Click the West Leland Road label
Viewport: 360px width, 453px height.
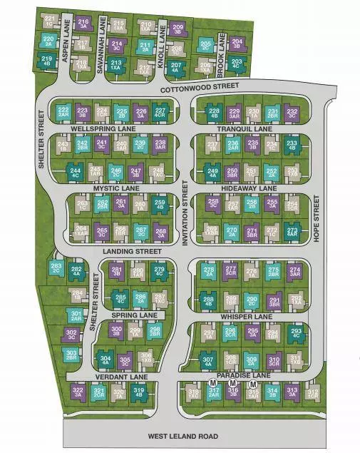(182, 436)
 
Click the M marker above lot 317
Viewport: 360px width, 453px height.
(212, 384)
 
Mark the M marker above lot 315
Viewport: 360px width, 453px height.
(252, 384)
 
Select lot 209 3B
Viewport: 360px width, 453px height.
(179, 29)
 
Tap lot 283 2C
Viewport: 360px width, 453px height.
(56, 269)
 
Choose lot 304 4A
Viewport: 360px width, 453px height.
(106, 360)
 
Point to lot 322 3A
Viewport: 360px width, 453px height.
(78, 391)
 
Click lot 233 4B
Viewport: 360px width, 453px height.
(292, 146)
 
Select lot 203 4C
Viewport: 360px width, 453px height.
(237, 64)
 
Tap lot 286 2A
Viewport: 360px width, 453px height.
(140, 298)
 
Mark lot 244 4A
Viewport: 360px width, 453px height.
(76, 171)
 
